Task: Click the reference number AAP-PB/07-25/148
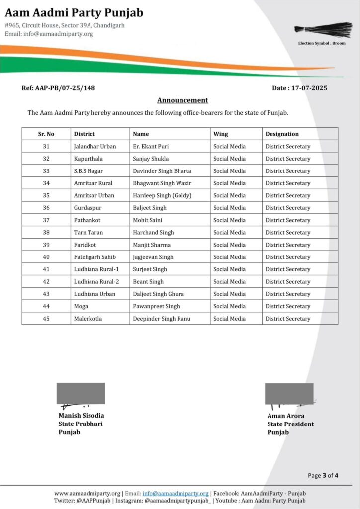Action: pos(59,88)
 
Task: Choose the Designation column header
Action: pos(282,134)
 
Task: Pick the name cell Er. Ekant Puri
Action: pos(150,146)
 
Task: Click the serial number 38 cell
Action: pos(46,232)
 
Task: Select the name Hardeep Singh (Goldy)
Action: pos(162,195)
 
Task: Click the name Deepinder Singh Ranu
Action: pos(162,319)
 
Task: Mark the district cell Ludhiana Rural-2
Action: pos(96,281)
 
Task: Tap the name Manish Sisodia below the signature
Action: pos(81,415)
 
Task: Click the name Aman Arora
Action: pos(286,416)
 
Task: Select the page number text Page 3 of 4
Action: pos(323,475)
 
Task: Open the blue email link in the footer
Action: pos(176,493)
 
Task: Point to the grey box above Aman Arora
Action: pos(289,393)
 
